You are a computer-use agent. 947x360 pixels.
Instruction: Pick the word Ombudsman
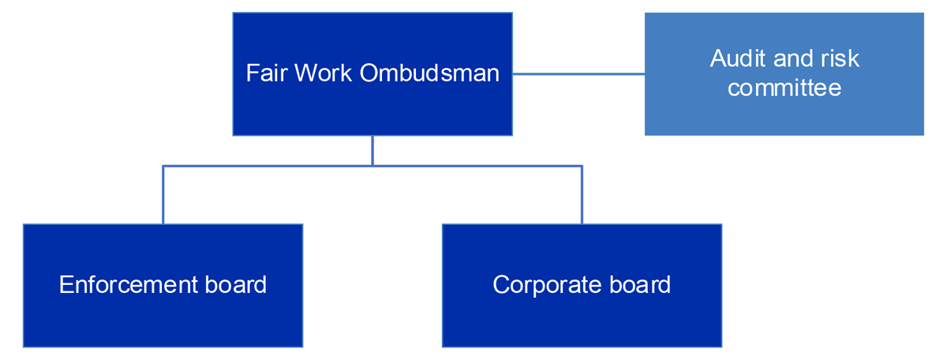429,73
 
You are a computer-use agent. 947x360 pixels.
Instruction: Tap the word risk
839,58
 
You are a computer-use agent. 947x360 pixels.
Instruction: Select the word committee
784,87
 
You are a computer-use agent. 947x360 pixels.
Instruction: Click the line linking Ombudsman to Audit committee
578,74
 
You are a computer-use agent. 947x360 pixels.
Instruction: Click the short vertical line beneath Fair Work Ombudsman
372,150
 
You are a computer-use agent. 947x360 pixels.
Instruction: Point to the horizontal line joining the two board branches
473,166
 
